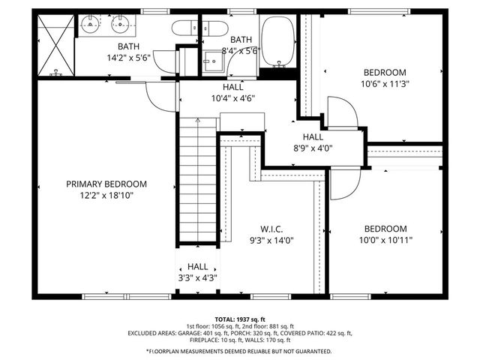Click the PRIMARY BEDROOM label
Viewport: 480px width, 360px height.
pyautogui.click(x=106, y=184)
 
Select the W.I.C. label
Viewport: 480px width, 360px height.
pyautogui.click(x=271, y=229)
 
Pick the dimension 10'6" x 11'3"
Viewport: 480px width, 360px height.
pyautogui.click(x=384, y=84)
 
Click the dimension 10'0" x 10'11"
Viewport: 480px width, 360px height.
pyautogui.click(x=385, y=240)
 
